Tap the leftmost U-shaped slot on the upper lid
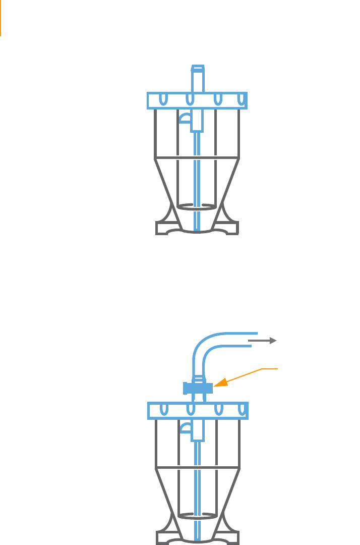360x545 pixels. pos(162,99)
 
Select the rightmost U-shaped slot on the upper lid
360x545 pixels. pos(242,99)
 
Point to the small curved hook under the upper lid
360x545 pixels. pos(185,118)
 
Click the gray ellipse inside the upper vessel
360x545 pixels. pos(198,207)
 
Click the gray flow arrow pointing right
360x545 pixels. pos(263,341)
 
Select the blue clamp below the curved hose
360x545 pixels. pos(198,388)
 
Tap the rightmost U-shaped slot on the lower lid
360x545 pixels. pos(243,409)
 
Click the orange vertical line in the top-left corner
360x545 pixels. pos(1,18)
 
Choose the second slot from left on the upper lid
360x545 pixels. pos(190,99)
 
